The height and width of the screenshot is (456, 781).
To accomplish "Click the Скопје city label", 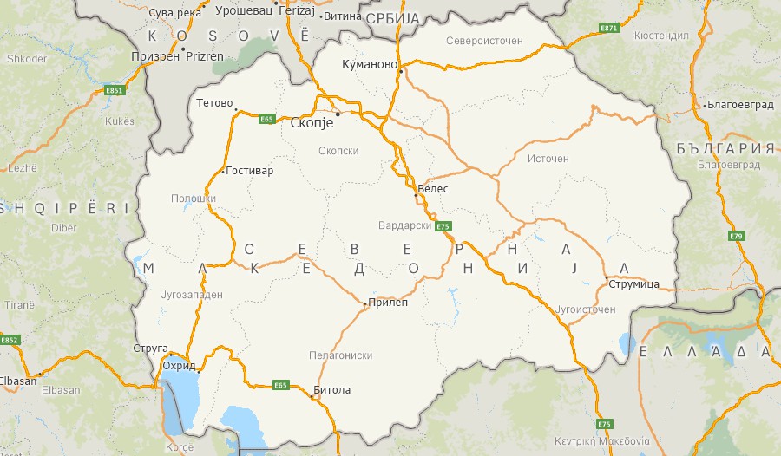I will tap(311, 123).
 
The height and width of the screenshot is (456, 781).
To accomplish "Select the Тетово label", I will tap(214, 103).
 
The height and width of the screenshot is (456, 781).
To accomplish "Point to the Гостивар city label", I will tap(252, 171).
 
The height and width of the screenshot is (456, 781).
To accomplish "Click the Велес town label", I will tap(433, 187).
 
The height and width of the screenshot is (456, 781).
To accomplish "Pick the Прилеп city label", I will tap(388, 303).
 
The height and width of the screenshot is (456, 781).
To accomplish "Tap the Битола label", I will tap(333, 390).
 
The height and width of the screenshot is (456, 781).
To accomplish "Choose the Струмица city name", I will tap(634, 283).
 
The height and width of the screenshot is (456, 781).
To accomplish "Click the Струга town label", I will tap(150, 349).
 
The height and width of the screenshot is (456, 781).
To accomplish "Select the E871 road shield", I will tap(609, 29).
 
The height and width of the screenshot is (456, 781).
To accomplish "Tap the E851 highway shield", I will tap(114, 90).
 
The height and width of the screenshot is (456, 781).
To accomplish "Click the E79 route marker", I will tap(737, 236).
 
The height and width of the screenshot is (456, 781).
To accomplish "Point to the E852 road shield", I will tap(10, 340).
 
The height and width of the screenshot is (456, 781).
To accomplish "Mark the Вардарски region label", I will tap(405, 225).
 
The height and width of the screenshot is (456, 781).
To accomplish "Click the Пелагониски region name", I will tap(341, 355).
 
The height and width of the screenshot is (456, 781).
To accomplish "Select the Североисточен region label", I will tap(484, 41).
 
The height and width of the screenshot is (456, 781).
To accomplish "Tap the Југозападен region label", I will tap(194, 295).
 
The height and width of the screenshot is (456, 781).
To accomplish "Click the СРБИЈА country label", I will tap(392, 18).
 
